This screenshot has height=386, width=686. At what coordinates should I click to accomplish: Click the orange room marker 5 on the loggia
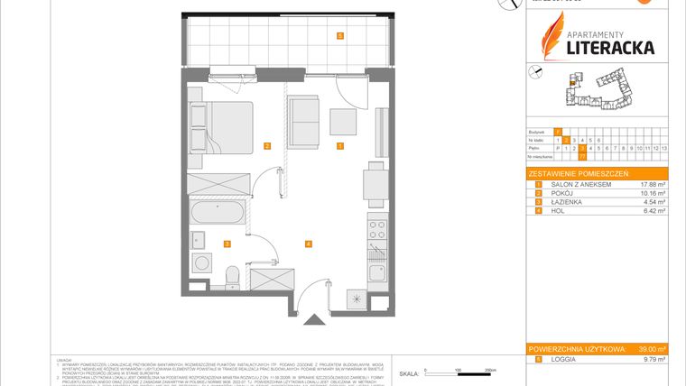[x=339, y=37]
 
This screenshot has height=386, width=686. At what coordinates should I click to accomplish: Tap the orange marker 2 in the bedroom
[x=267, y=145]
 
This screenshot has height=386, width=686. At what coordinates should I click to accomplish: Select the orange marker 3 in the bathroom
[x=227, y=244]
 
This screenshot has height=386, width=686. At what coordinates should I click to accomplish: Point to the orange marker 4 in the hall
[x=309, y=244]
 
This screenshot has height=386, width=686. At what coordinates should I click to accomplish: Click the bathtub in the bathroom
[x=217, y=215]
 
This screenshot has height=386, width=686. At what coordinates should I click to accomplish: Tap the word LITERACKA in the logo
[x=610, y=48]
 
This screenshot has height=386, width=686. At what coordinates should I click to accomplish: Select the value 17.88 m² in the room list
[x=649, y=184]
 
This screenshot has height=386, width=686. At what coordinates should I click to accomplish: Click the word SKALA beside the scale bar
[x=409, y=371]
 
